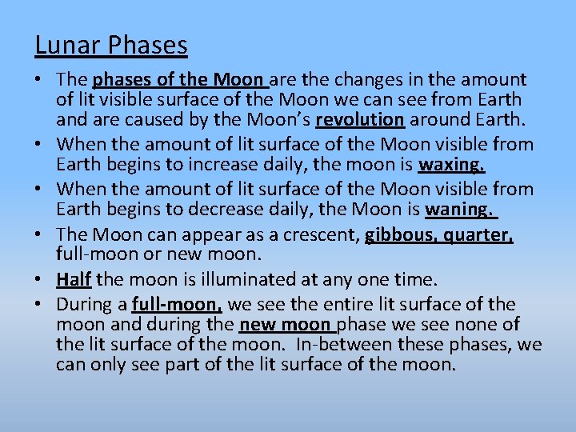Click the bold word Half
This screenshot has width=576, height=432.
[73, 279]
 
